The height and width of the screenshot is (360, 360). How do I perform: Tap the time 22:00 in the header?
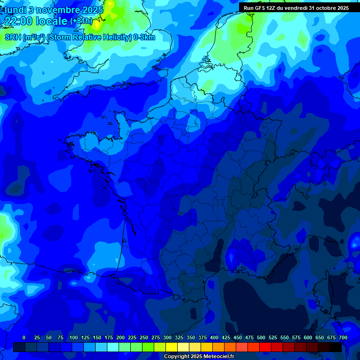(18, 21)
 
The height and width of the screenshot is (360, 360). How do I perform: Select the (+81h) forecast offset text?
(81, 21)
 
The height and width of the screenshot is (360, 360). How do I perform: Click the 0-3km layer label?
(144, 37)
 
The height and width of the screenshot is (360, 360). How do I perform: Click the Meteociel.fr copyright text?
(198, 357)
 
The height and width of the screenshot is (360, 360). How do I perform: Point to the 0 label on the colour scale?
(24, 337)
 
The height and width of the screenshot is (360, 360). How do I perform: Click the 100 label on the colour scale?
(74, 337)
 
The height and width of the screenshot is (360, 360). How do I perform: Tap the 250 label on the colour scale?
(144, 337)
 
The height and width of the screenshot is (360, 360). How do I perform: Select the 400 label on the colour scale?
(214, 337)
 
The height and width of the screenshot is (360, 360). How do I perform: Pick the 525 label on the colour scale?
(273, 337)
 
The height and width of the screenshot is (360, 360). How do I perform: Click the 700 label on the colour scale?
(343, 337)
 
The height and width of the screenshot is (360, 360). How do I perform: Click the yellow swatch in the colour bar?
(172, 347)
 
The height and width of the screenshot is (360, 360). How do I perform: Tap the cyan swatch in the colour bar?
(113, 347)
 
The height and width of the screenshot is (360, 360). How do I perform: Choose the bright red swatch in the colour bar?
(265, 347)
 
